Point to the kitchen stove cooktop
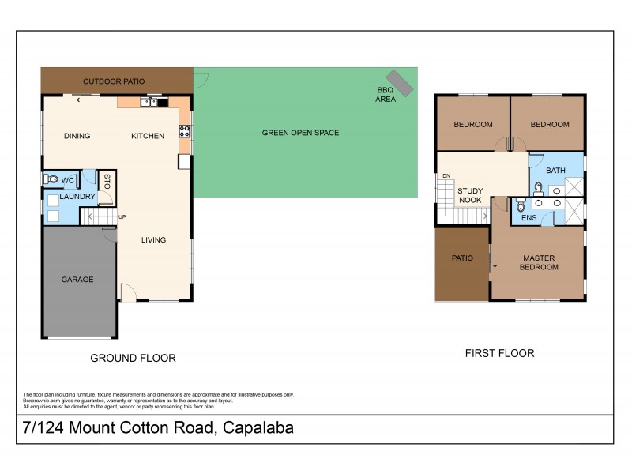click(x=185, y=130)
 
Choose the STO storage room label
click(x=107, y=181)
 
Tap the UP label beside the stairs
click(x=122, y=216)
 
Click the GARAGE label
click(x=77, y=279)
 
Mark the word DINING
click(x=77, y=136)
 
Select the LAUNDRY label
click(x=77, y=196)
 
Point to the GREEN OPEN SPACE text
click(x=300, y=133)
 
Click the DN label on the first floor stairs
click(x=446, y=175)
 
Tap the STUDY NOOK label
click(x=470, y=195)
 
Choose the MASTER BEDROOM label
click(x=538, y=262)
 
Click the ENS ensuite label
click(x=529, y=217)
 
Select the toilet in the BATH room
click(x=537, y=188)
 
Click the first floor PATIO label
click(x=461, y=258)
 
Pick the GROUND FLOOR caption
click(x=133, y=358)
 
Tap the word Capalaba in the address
click(x=258, y=429)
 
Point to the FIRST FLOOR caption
click(x=499, y=353)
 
